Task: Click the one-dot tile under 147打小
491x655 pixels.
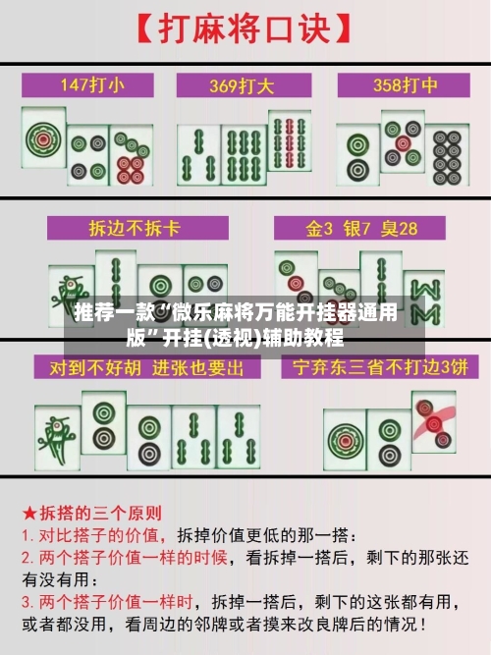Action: tap(43, 141)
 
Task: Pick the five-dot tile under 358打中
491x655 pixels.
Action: tap(402, 142)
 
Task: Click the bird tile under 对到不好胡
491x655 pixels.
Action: tap(56, 432)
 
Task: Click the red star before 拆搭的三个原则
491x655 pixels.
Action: tap(30, 513)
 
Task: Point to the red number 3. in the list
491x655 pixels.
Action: tap(29, 599)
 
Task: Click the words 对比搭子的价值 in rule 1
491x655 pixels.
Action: tap(104, 534)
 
